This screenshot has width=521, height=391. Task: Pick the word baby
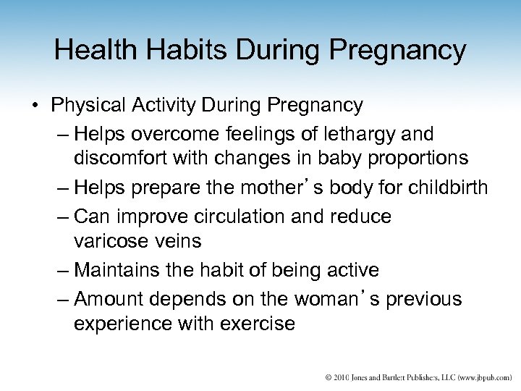point(343,157)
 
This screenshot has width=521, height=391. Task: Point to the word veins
point(178,240)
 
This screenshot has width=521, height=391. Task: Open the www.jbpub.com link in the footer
point(480,377)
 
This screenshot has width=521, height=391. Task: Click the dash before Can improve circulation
point(60,216)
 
